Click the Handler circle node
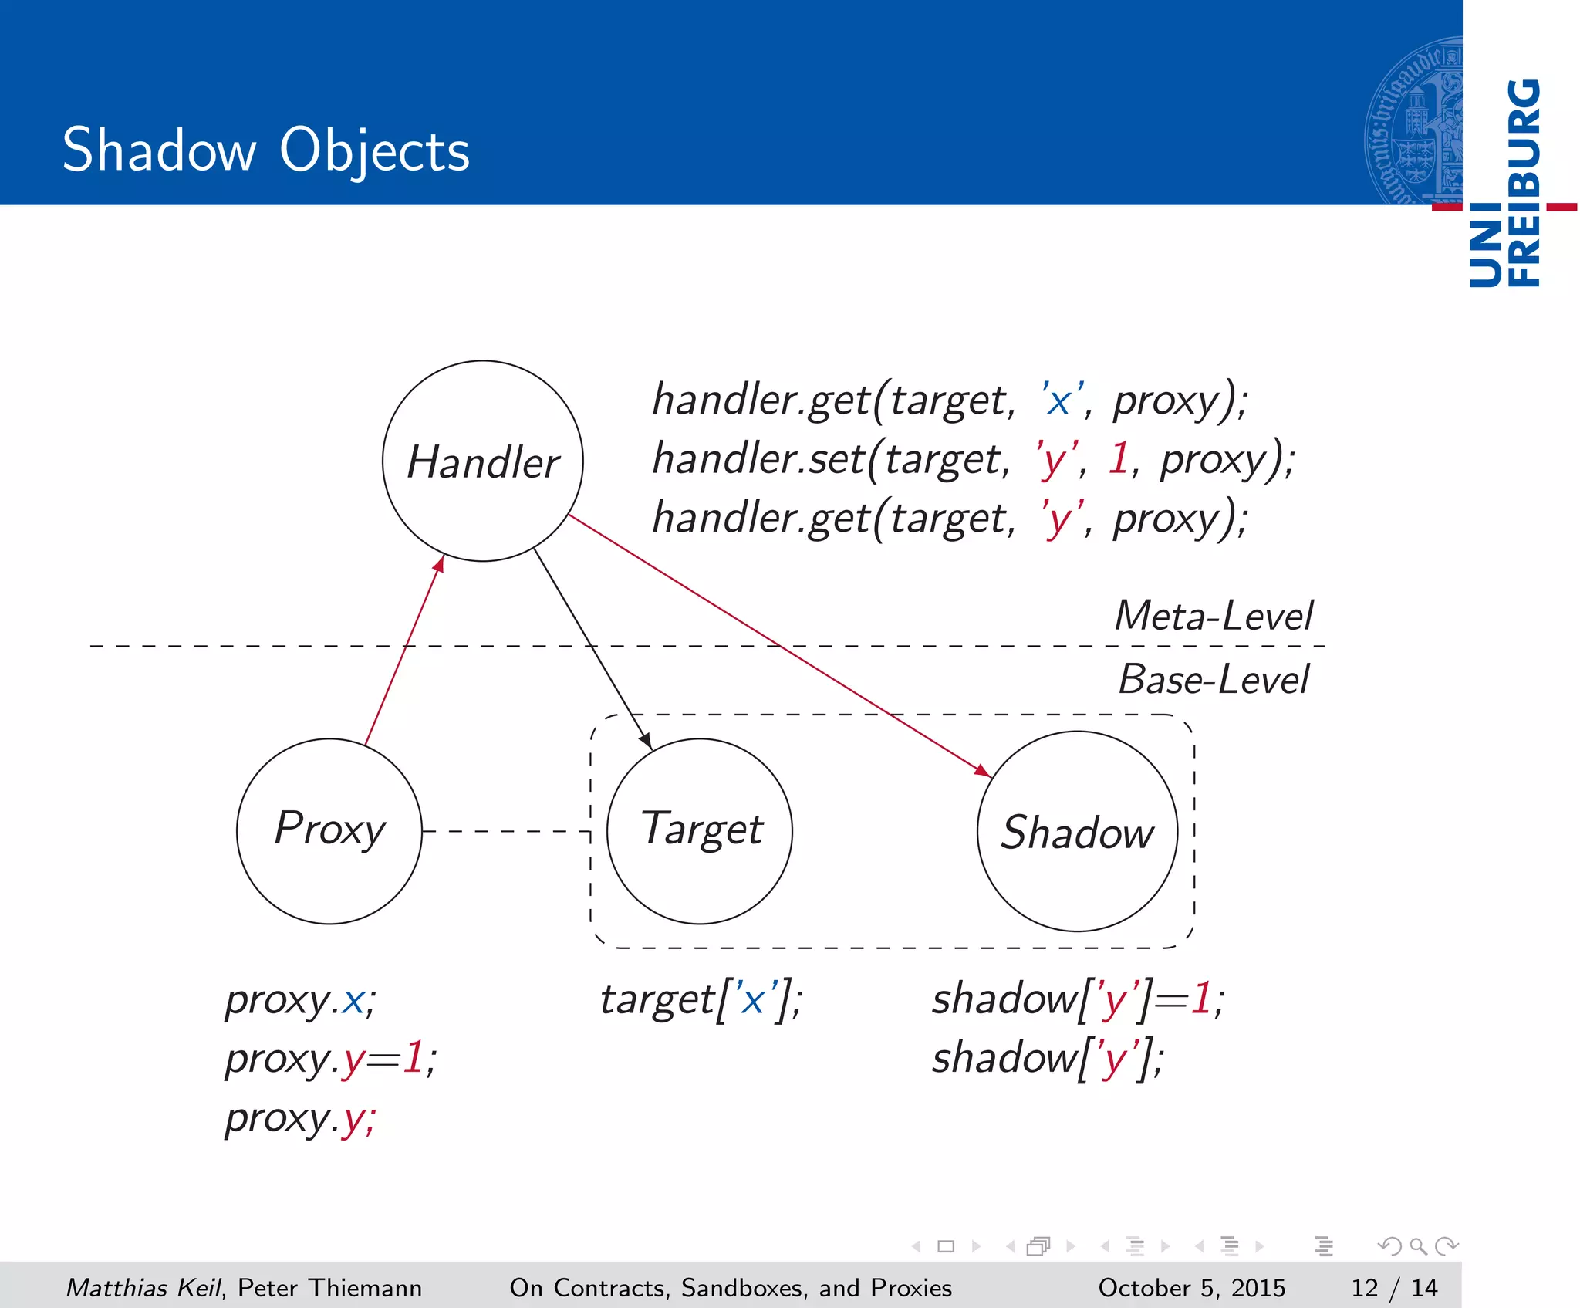[483, 461]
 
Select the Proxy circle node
[329, 831]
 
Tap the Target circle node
[700, 831]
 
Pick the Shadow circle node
[1077, 831]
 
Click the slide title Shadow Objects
[265, 150]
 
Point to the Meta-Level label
[1213, 616]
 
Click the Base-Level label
[1213, 680]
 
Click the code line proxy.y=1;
[330, 1058]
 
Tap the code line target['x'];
[701, 999]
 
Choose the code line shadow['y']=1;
[1077, 999]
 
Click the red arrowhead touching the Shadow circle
[983, 770]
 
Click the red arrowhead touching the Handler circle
[439, 565]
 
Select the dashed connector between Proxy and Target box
[506, 831]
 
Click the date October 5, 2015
[1191, 1288]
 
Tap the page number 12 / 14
[1393, 1288]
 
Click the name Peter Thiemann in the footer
[329, 1288]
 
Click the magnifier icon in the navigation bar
[1417, 1246]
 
